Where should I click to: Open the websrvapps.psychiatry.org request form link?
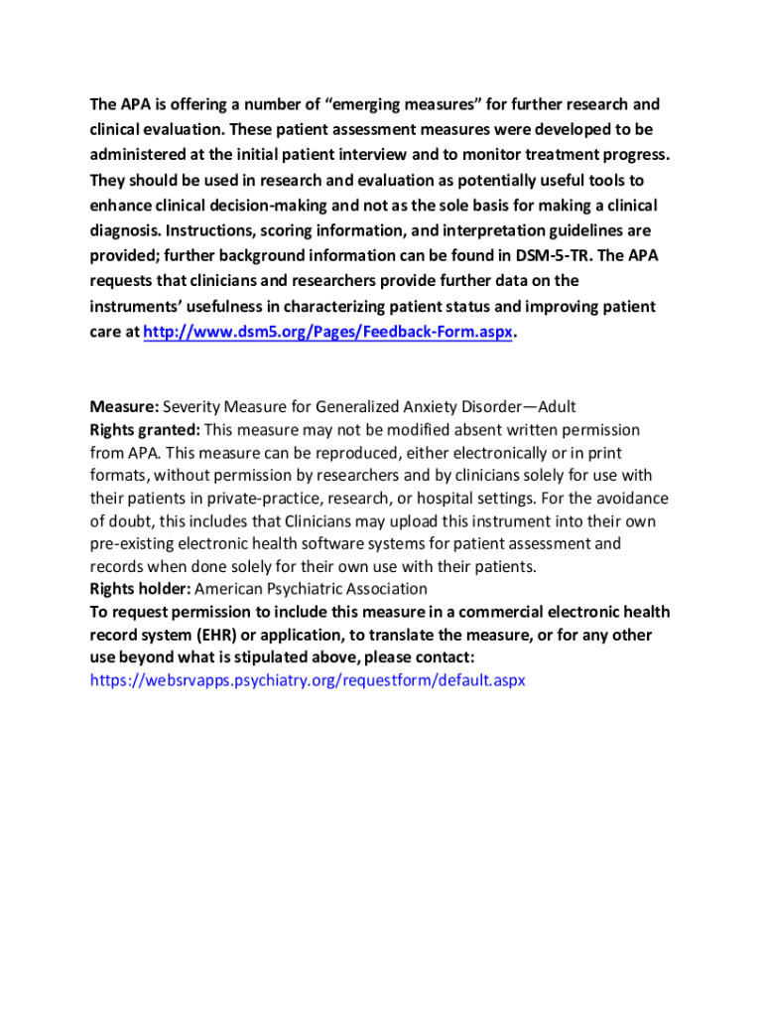click(x=308, y=680)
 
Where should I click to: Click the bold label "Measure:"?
click(x=124, y=407)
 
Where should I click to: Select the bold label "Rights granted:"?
click(x=145, y=429)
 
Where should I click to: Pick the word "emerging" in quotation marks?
click(x=375, y=105)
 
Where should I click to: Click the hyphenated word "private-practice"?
click(x=223, y=498)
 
